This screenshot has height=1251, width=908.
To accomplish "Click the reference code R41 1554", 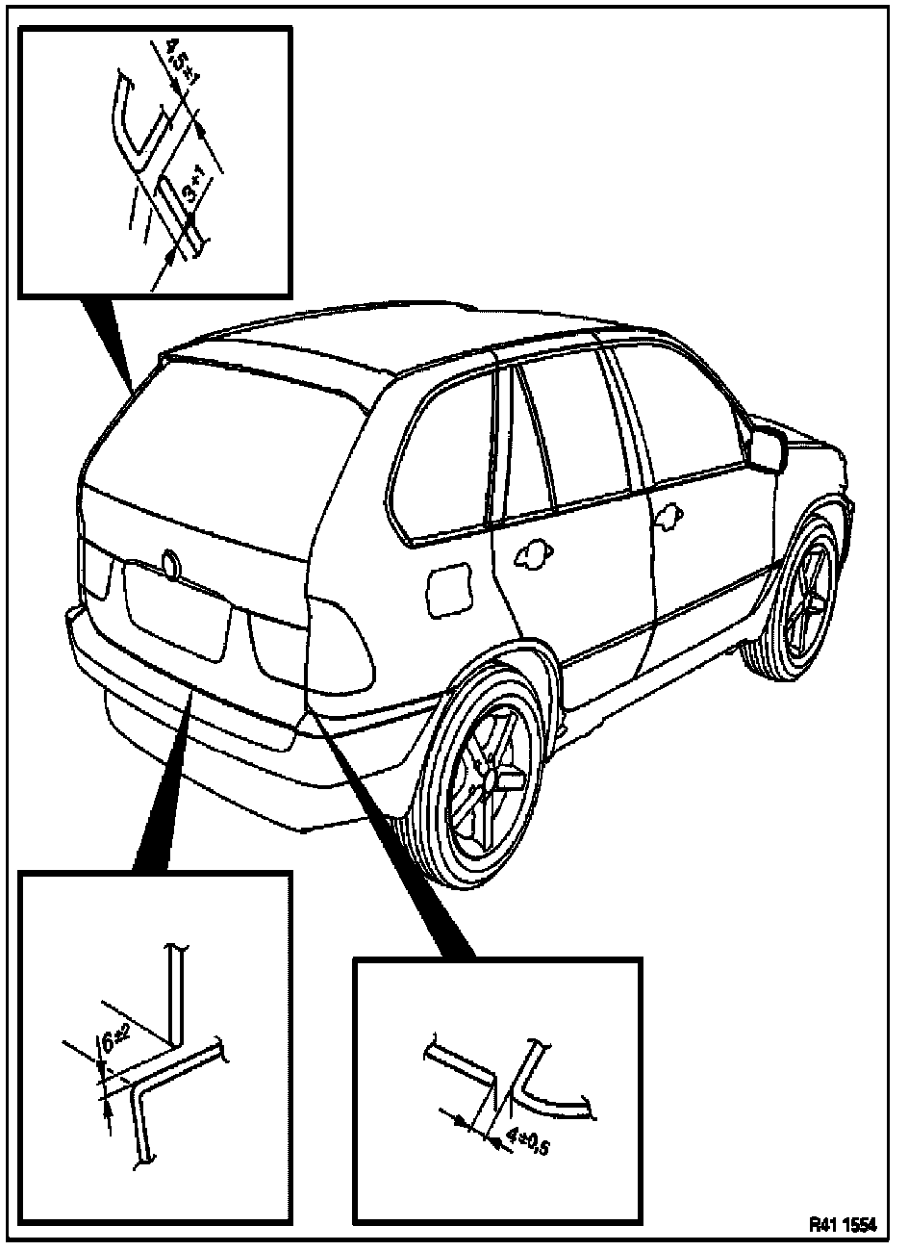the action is tap(843, 1226).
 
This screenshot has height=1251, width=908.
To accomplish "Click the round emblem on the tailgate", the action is tap(171, 564).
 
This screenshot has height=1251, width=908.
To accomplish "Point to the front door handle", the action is tap(664, 519).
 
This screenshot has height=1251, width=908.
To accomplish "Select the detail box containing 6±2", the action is tap(155, 1048).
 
